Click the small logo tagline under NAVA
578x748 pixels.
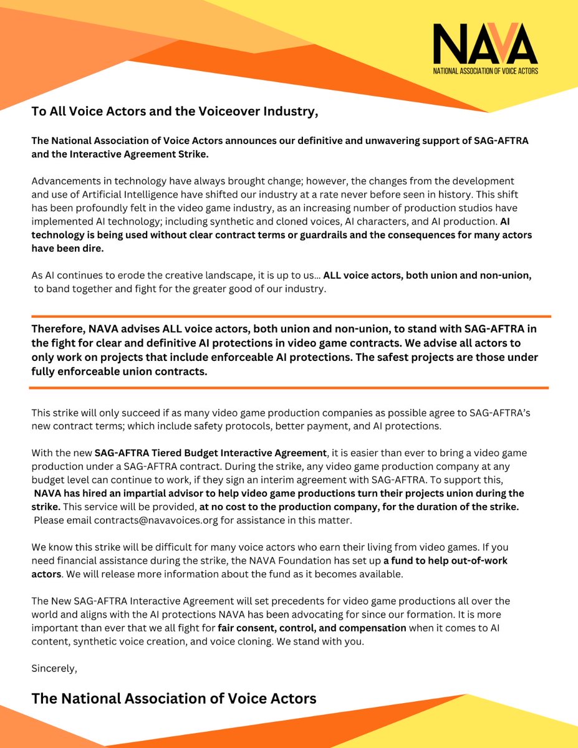click(485, 71)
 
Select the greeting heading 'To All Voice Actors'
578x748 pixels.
click(175, 112)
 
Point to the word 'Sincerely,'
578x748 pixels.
click(54, 668)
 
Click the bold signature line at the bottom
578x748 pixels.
click(174, 698)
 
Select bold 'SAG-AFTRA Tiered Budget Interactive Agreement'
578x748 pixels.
click(211, 453)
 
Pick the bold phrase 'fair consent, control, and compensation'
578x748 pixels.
click(312, 628)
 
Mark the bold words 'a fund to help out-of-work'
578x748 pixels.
click(445, 560)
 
